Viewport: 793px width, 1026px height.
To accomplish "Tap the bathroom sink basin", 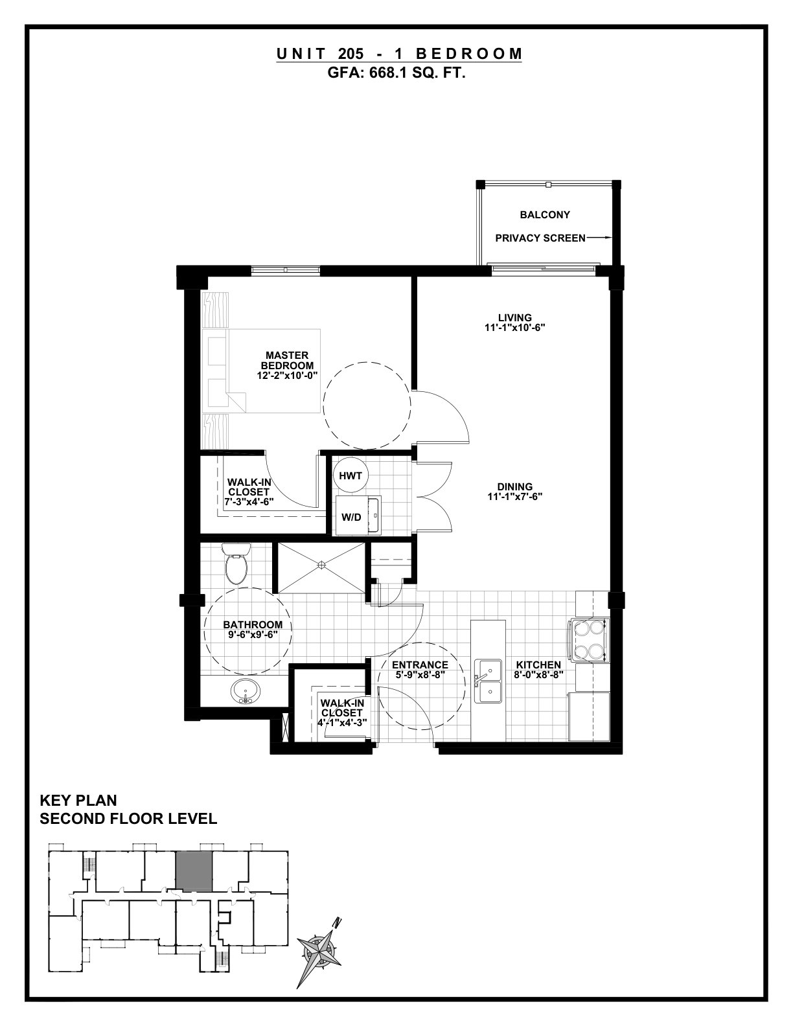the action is click(245, 692).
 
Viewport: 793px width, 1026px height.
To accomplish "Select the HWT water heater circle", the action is click(351, 475).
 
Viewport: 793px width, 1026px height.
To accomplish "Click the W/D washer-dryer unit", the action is click(358, 515).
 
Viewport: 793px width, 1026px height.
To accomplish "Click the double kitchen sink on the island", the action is click(488, 681).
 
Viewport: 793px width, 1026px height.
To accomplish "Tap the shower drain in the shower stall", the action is click(321, 564).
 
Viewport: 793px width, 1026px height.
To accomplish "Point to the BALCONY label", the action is click(545, 215).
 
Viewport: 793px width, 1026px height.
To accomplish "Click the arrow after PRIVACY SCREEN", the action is click(599, 238).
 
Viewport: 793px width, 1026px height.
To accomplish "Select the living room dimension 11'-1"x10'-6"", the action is click(515, 328).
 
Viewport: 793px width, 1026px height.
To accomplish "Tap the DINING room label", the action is click(515, 486).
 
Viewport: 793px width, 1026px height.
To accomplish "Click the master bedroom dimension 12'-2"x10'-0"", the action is click(287, 376).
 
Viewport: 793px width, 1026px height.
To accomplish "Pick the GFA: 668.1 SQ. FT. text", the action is click(396, 73).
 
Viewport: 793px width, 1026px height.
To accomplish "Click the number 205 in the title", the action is click(351, 54).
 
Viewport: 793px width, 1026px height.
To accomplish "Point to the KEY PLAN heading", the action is click(78, 801).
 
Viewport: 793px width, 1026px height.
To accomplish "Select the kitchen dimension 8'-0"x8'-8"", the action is click(538, 675).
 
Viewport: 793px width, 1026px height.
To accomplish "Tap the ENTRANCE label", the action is click(420, 665).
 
